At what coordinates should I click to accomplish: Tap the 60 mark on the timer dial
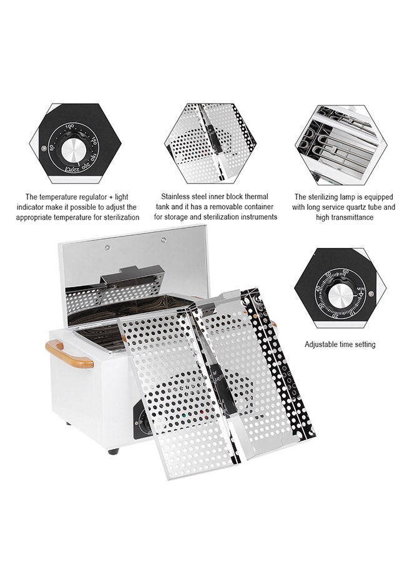345,272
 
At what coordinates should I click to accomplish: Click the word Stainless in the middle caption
177,195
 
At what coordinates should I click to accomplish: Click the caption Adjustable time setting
340,344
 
